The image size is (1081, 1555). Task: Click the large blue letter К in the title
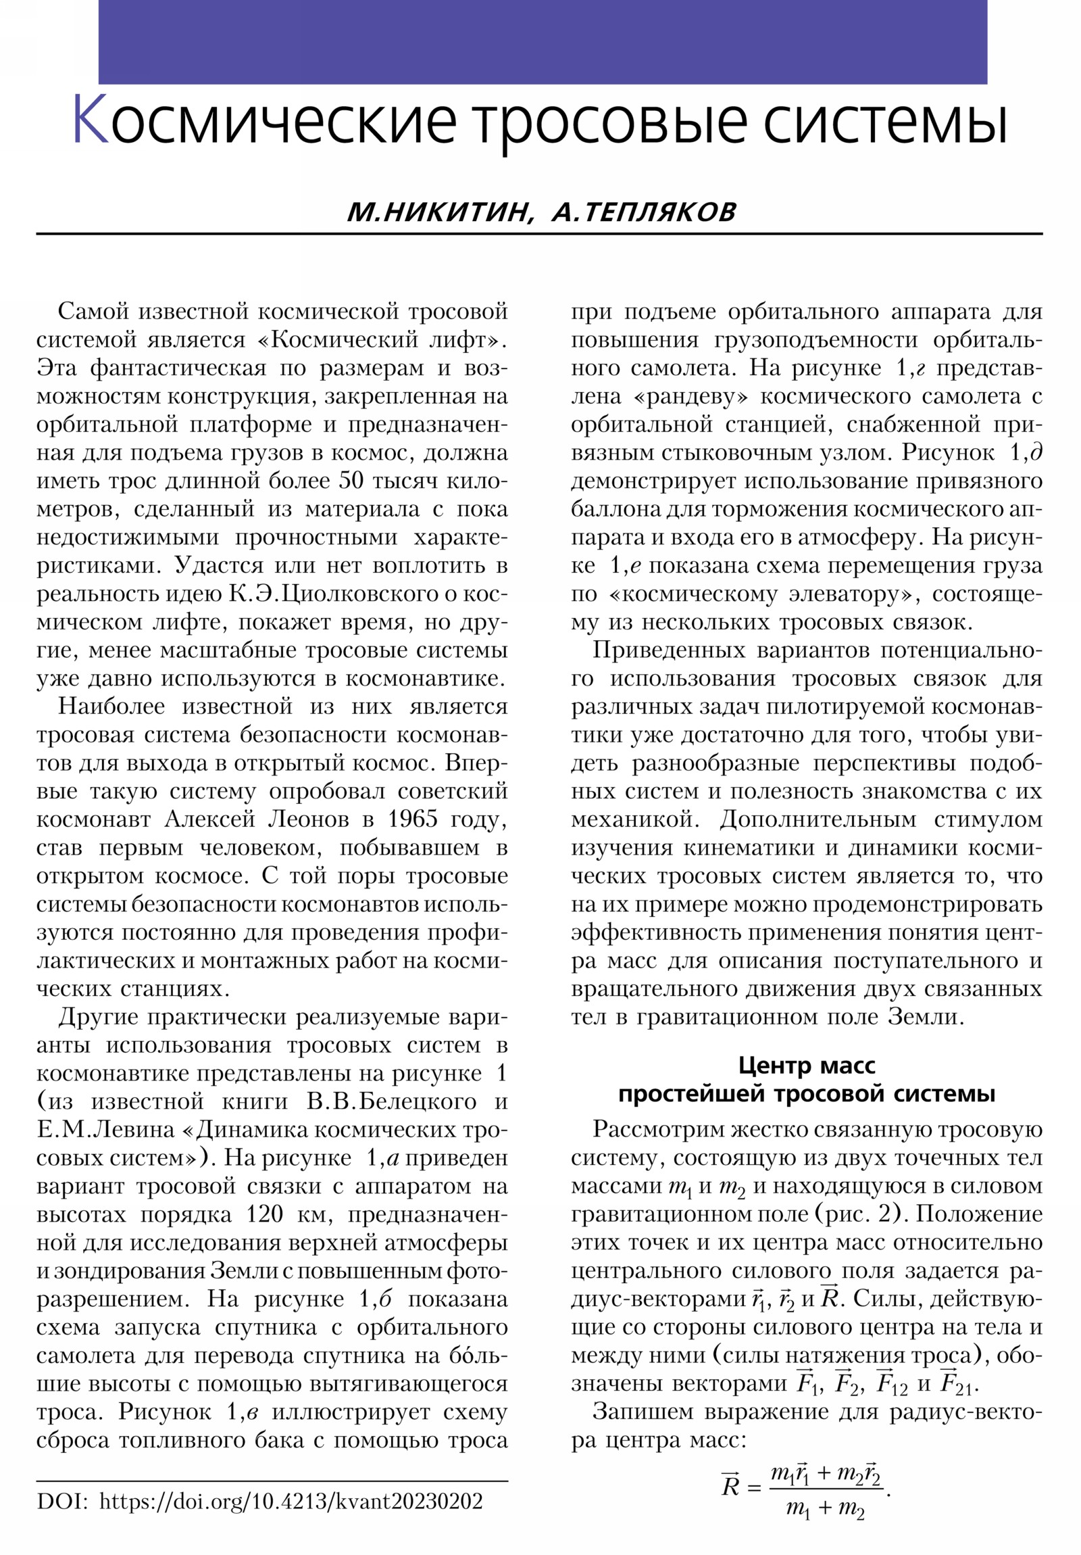pos(90,119)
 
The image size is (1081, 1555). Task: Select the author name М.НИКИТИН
pos(437,213)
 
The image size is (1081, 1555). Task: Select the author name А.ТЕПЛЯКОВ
pos(643,213)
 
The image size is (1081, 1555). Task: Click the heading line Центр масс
pos(806,1066)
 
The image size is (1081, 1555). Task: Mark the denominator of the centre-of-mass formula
pos(824,1528)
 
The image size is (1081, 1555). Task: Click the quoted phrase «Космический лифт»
pos(382,340)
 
